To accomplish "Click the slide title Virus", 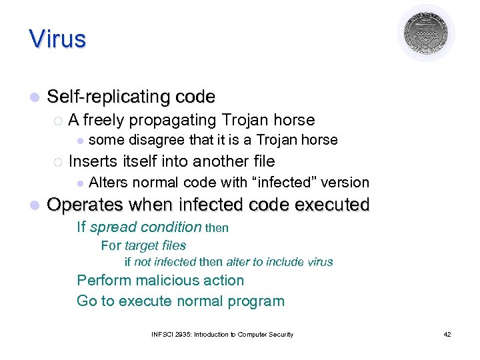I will tap(57, 39).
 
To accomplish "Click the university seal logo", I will tap(426, 33).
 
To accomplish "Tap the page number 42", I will tap(447, 334).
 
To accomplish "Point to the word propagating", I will tap(173, 121).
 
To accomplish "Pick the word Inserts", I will tap(93, 161).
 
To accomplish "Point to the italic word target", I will tap(141, 246).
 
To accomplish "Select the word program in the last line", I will tap(257, 301).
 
